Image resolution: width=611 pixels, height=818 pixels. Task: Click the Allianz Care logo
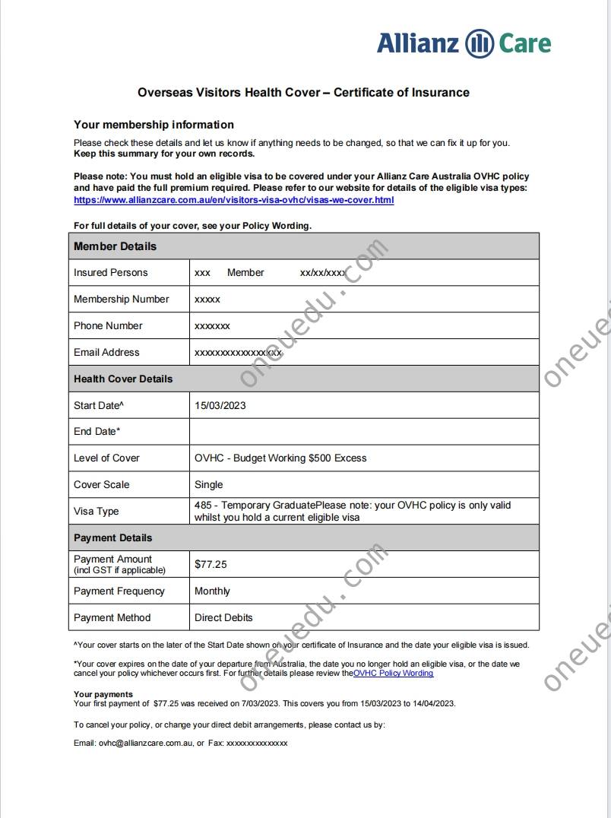(464, 43)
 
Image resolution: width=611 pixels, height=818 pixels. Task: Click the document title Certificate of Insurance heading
(303, 93)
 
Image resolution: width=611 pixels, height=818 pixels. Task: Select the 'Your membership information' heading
(154, 125)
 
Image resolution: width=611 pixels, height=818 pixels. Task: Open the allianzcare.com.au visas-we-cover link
(233, 200)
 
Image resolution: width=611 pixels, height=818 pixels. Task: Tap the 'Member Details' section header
(115, 246)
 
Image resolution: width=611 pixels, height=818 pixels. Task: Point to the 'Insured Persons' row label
(111, 272)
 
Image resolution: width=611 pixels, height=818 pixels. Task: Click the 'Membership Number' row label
(122, 299)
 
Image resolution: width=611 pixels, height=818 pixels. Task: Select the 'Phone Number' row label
(108, 325)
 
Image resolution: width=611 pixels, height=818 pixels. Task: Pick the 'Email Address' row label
(106, 352)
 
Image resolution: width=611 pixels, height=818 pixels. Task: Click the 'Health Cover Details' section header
(123, 379)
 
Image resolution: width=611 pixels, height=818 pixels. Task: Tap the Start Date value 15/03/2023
(220, 405)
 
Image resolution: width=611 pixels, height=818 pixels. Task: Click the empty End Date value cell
(363, 431)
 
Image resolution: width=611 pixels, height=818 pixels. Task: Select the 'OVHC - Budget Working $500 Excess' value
(280, 458)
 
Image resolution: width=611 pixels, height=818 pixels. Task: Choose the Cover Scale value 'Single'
(209, 484)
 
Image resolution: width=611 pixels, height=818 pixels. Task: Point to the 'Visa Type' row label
(97, 511)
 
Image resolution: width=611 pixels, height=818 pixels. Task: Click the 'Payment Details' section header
(112, 537)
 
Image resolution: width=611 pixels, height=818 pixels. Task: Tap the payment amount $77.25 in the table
(211, 564)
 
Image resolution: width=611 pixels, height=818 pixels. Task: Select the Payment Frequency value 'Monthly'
(212, 591)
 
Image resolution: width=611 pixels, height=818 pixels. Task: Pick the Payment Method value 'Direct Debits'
(223, 617)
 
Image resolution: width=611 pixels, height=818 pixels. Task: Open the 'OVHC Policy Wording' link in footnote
(393, 673)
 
